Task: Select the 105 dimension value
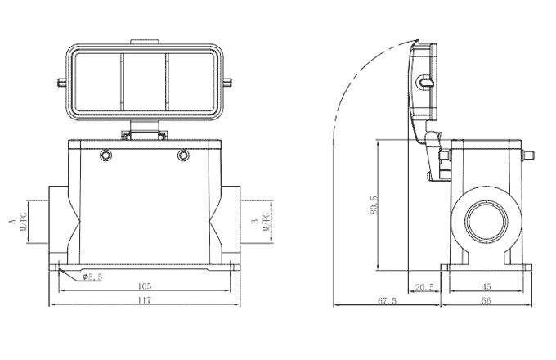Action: [144, 287]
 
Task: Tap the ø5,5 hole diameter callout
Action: [92, 277]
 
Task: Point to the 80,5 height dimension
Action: [374, 205]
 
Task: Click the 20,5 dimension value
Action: [425, 287]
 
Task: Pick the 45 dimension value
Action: [486, 287]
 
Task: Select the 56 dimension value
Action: [486, 301]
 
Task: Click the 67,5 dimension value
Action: [386, 301]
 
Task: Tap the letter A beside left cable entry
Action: [11, 222]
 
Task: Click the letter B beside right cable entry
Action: [255, 222]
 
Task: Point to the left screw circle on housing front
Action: [105, 155]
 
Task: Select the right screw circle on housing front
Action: [183, 155]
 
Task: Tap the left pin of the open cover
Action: [61, 81]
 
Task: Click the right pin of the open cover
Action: [230, 81]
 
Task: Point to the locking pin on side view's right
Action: [529, 154]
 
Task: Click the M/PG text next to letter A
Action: [25, 222]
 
